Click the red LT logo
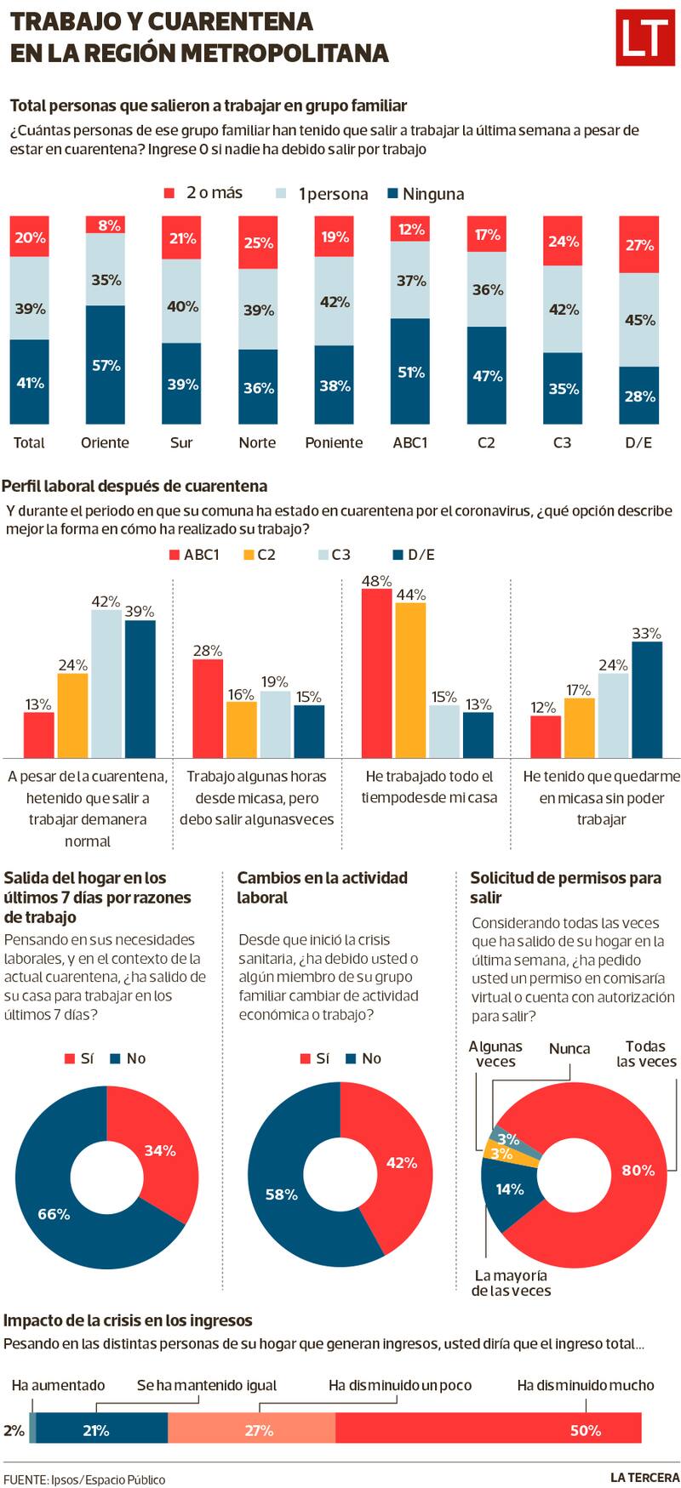tap(644, 38)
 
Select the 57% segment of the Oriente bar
tap(106, 364)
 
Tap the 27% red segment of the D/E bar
tap(638, 245)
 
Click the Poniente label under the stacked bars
tap(334, 442)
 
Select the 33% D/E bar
tap(646, 699)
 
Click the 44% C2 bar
tap(410, 680)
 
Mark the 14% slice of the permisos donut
tap(509, 1189)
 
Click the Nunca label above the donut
tap(569, 1048)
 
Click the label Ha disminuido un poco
tap(400, 1385)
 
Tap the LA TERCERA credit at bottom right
tap(644, 1477)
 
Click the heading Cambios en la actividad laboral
tap(322, 887)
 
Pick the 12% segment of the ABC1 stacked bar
tap(410, 230)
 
